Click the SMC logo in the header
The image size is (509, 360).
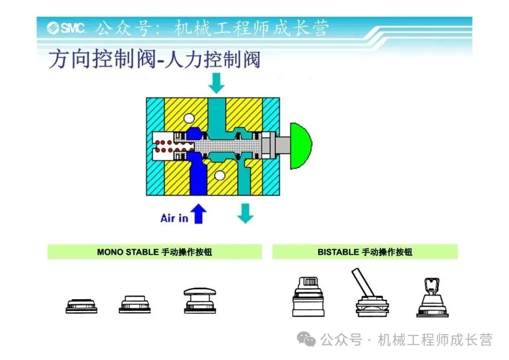coord(66,28)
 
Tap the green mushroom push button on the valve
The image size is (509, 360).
coord(301,146)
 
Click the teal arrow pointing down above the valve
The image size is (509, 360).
coord(217,83)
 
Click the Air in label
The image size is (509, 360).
coord(174,218)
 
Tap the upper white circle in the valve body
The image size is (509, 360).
coord(190,118)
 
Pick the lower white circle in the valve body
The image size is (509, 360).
coord(219,176)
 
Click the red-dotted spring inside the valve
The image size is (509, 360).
coord(164,146)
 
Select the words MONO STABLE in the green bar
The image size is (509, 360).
coord(128,252)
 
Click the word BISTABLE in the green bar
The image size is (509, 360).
coord(338,252)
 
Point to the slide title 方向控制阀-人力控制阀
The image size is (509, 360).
coord(155,61)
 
